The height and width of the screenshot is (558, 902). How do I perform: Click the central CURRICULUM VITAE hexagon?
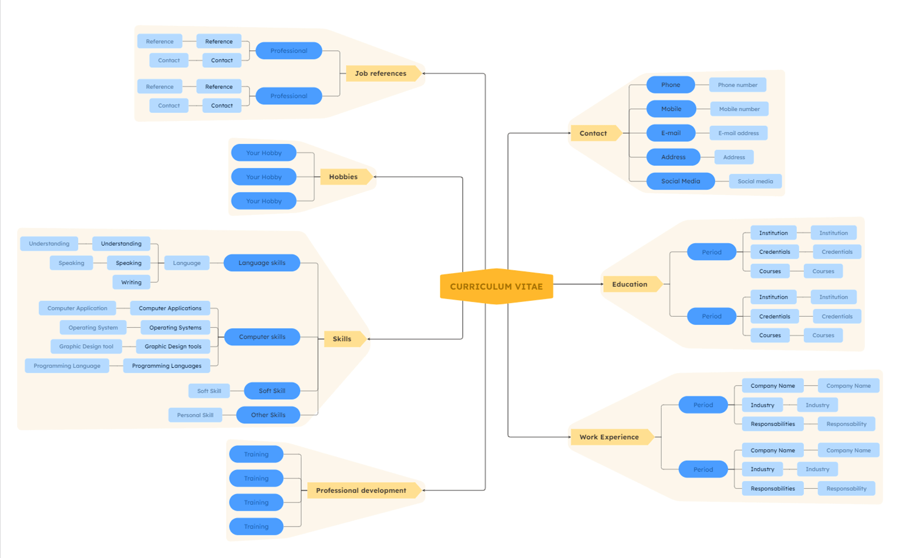pyautogui.click(x=496, y=287)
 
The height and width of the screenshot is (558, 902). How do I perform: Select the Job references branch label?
pyautogui.click(x=381, y=73)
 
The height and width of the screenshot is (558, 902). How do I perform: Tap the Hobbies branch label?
pyautogui.click(x=344, y=177)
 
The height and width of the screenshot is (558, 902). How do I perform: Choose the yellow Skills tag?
pyautogui.click(x=342, y=339)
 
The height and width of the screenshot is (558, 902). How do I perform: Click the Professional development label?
pyautogui.click(x=361, y=490)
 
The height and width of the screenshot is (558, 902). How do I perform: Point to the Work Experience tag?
pyautogui.click(x=609, y=437)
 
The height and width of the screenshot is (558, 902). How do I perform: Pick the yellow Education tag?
pyautogui.click(x=630, y=284)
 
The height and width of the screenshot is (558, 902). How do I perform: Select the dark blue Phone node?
pyautogui.click(x=671, y=85)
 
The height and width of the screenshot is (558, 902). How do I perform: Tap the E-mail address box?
pyautogui.click(x=738, y=133)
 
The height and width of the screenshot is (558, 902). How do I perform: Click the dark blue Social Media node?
pyautogui.click(x=680, y=181)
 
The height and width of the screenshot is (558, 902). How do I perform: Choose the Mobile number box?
pyautogui.click(x=739, y=109)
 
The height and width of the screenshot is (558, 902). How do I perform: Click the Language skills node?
pyautogui.click(x=262, y=263)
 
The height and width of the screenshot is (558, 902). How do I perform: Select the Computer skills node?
pyautogui.click(x=262, y=337)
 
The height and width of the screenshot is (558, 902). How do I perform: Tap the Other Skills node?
pyautogui.click(x=268, y=415)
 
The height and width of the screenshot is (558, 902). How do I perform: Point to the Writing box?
pyautogui.click(x=132, y=283)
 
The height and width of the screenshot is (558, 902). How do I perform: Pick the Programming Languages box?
pyautogui.click(x=167, y=366)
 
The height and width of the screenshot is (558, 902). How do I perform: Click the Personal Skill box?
pyautogui.click(x=195, y=415)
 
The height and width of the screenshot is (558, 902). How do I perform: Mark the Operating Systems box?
pyautogui.click(x=175, y=328)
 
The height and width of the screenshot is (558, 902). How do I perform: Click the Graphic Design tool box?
pyautogui.click(x=86, y=347)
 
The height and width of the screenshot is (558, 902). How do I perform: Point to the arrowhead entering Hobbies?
pyautogui.click(x=376, y=177)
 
